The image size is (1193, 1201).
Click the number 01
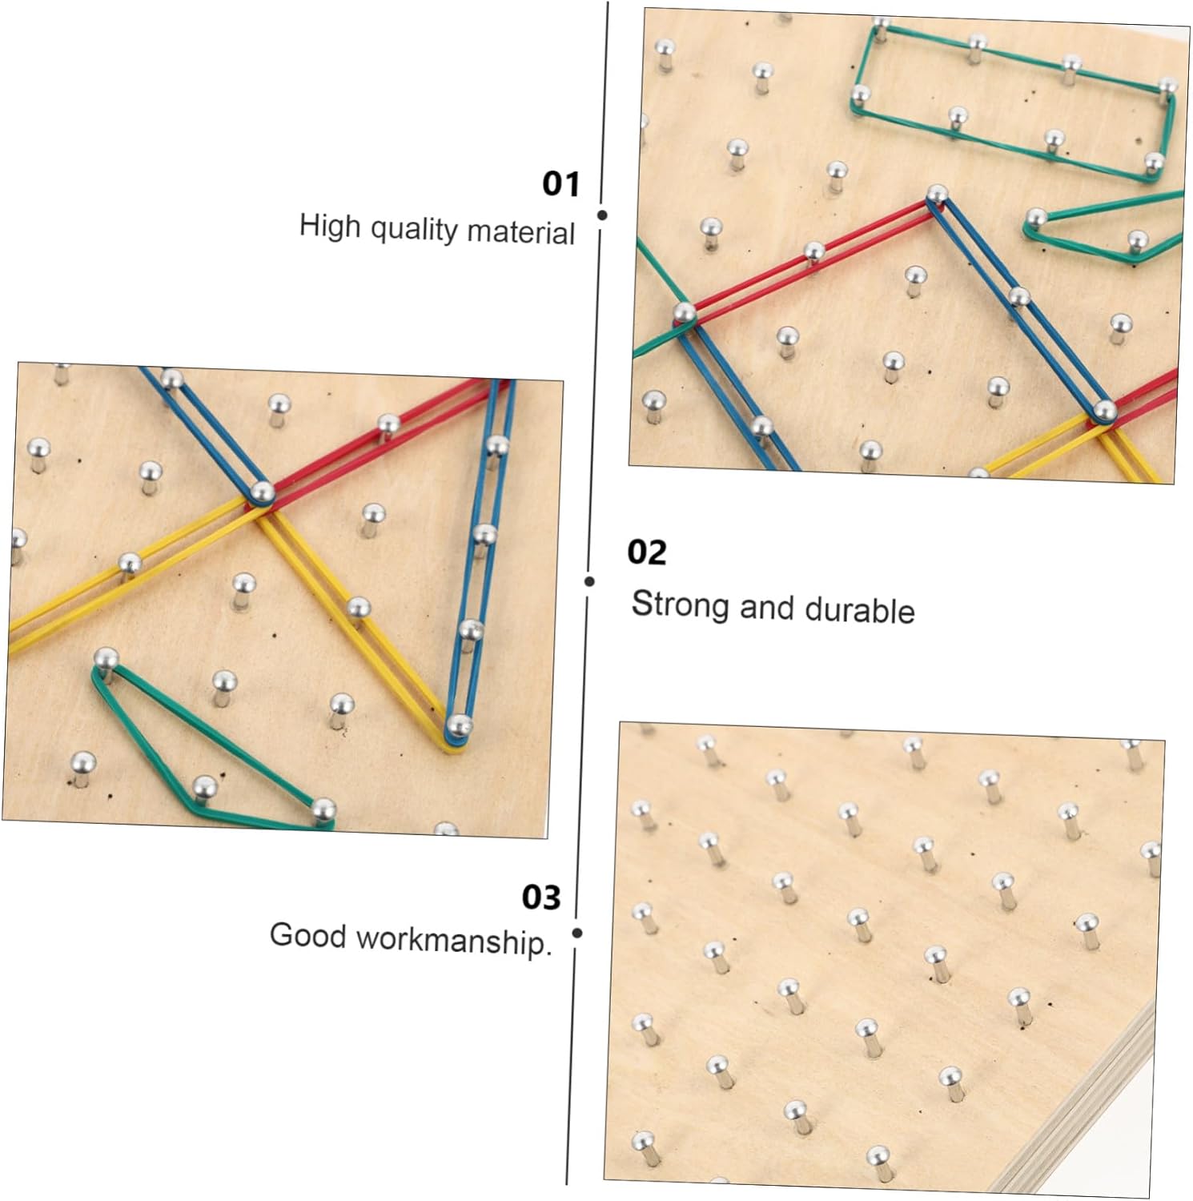(560, 184)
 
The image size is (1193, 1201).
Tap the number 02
(646, 552)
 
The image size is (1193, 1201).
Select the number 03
(540, 897)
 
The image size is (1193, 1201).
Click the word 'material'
(520, 232)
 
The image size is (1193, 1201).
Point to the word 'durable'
(859, 610)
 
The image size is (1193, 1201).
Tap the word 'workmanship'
(453, 940)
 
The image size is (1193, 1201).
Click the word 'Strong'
(681, 604)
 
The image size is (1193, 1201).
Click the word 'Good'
(307, 934)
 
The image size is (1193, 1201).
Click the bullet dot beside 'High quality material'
(602, 215)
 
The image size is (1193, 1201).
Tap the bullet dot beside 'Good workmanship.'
(577, 933)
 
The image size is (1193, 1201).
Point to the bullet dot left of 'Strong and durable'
(590, 581)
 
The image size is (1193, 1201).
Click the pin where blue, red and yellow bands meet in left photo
(262, 491)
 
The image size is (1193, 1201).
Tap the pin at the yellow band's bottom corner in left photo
(457, 725)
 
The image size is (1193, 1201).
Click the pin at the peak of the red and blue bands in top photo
(936, 194)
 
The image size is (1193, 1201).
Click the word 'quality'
(414, 230)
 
